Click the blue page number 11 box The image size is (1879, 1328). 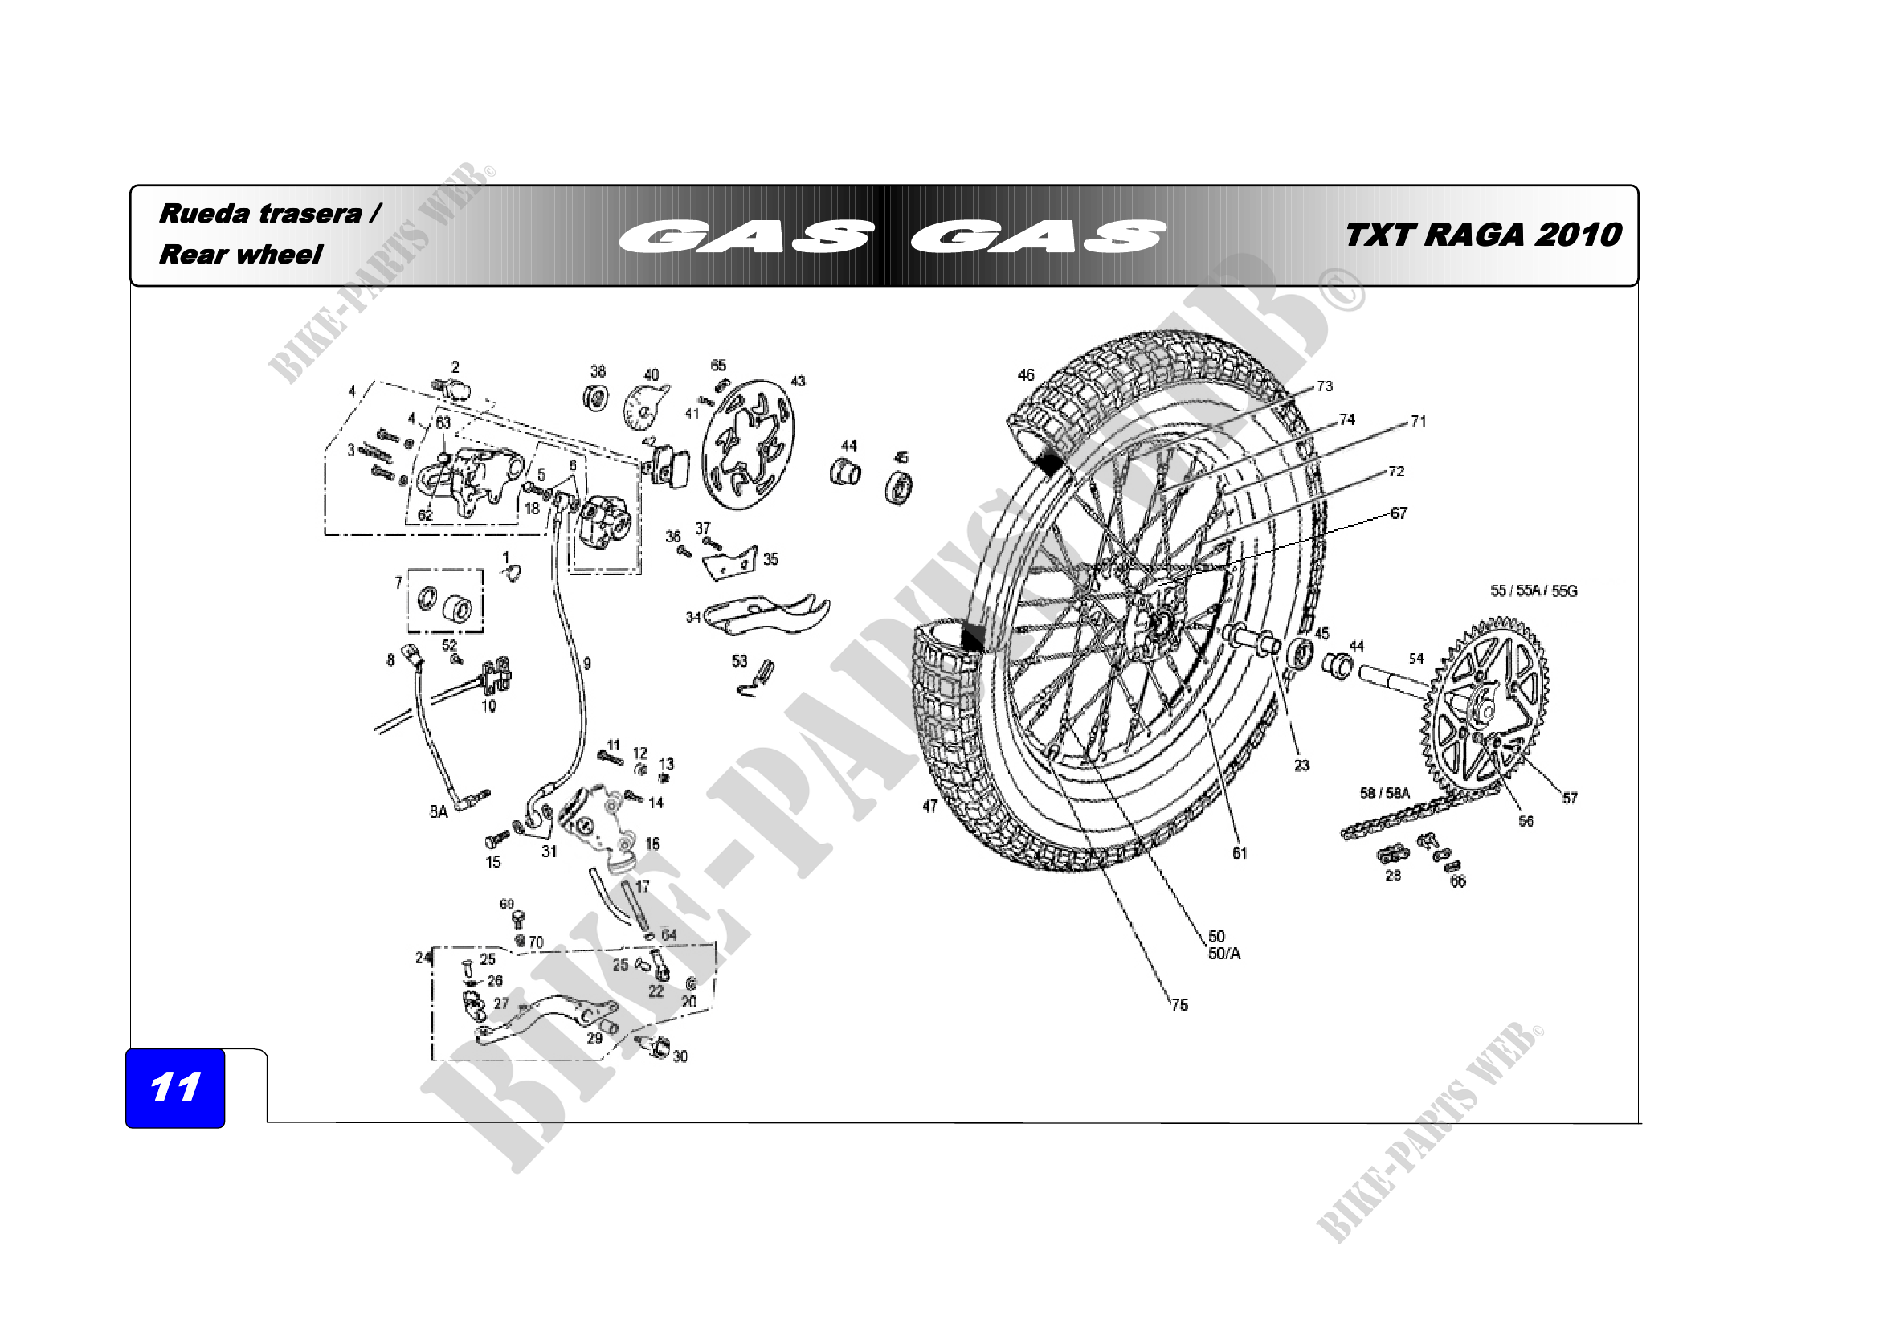(x=174, y=1088)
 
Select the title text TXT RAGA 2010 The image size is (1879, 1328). (x=1483, y=235)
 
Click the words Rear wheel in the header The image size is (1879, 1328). (x=241, y=255)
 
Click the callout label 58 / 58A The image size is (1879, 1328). (x=1385, y=793)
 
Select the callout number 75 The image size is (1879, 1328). (x=1179, y=1005)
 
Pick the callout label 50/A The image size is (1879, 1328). (x=1224, y=954)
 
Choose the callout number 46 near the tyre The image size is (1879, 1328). (x=1025, y=374)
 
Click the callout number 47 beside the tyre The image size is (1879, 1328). (x=929, y=806)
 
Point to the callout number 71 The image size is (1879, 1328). (x=1418, y=422)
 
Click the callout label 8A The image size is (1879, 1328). (x=439, y=811)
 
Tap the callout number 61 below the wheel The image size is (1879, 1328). (x=1240, y=853)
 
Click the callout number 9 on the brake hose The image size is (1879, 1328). (x=586, y=664)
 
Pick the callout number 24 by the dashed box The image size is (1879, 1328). (x=423, y=958)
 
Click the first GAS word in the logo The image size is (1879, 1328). (x=745, y=236)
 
